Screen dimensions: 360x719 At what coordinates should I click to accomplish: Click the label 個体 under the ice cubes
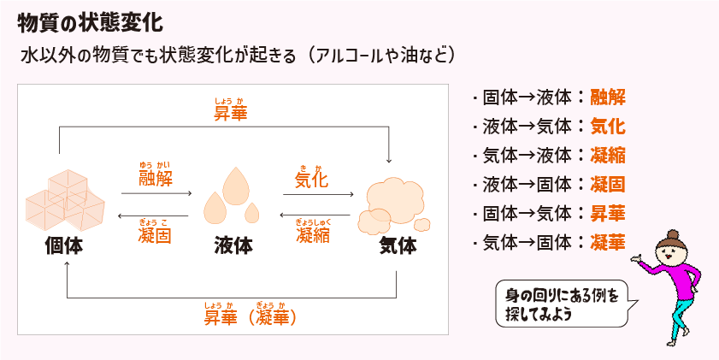[64, 246]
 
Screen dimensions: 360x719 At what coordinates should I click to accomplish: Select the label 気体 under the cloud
[397, 246]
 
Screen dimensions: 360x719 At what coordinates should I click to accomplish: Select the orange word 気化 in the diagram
[311, 180]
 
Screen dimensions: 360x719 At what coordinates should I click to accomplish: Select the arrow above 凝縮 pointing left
[317, 216]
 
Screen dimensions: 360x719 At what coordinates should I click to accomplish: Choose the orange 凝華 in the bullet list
[608, 243]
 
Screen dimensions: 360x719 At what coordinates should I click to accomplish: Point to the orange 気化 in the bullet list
[608, 127]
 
